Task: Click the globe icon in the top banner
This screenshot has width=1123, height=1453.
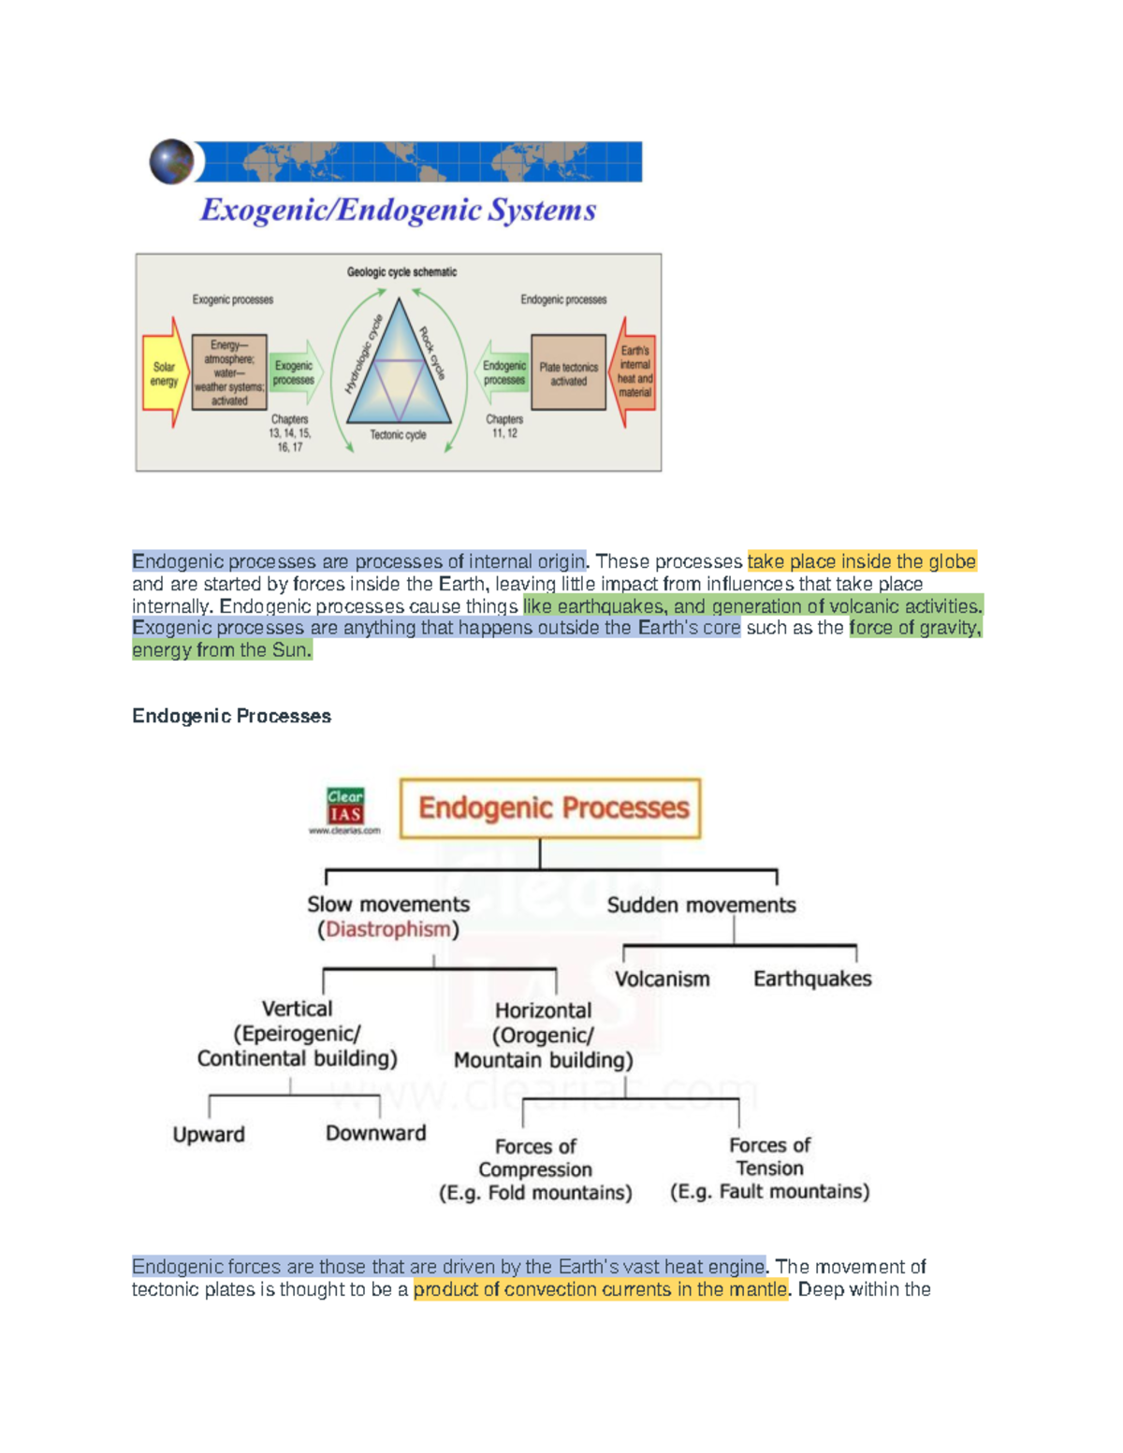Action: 171,162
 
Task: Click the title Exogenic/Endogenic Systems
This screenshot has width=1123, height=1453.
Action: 398,210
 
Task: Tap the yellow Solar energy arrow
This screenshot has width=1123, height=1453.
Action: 165,373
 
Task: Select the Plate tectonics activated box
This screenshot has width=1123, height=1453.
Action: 568,373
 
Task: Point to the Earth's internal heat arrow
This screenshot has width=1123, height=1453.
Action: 635,371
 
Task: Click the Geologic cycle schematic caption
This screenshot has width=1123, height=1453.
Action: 401,272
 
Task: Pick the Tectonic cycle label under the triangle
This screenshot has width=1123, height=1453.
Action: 398,435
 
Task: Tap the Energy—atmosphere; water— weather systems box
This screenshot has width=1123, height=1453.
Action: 229,372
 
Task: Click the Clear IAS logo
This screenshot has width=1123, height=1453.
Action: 345,807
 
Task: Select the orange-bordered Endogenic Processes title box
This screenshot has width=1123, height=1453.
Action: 550,808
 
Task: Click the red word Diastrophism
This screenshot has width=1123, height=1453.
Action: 388,929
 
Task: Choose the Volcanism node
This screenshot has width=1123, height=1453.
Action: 662,979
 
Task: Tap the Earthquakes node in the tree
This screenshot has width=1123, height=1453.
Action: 812,979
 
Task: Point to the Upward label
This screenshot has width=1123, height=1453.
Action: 209,1134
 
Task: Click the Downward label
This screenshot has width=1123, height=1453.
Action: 375,1133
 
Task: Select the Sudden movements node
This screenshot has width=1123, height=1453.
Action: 701,905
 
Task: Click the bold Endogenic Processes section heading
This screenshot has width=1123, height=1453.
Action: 231,716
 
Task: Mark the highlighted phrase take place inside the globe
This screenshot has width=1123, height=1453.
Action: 861,561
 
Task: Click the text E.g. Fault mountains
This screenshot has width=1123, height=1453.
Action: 769,1191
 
